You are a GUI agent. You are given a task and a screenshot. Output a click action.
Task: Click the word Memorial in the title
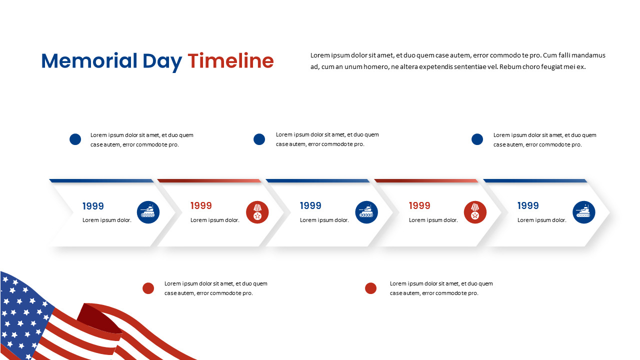point(89,61)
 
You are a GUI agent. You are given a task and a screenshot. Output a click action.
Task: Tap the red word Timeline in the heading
point(230,61)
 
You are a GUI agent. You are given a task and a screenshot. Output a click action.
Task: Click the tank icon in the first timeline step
point(148,212)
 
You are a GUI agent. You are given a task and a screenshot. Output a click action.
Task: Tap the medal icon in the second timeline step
point(257,212)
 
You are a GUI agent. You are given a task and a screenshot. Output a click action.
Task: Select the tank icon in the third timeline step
point(366,212)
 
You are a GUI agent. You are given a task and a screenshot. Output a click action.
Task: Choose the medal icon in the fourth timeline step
point(475,212)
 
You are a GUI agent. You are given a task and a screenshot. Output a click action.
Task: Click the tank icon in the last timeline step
point(583,212)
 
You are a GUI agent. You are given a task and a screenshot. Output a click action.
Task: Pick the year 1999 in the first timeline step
point(93,206)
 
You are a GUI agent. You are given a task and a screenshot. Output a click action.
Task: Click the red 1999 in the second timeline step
point(201,205)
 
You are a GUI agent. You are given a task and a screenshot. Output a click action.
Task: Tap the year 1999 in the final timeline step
point(528,205)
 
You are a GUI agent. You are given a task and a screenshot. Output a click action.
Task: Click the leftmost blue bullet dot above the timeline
point(75,139)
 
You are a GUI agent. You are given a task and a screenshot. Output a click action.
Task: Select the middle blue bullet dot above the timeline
point(259,139)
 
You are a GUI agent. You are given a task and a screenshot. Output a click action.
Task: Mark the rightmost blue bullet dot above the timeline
point(477,139)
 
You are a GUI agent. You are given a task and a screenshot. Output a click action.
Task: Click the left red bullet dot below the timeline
point(148,288)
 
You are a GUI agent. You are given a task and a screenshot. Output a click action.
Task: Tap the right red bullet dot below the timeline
point(370,288)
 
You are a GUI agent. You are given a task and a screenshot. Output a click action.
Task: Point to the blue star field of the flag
point(20,310)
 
